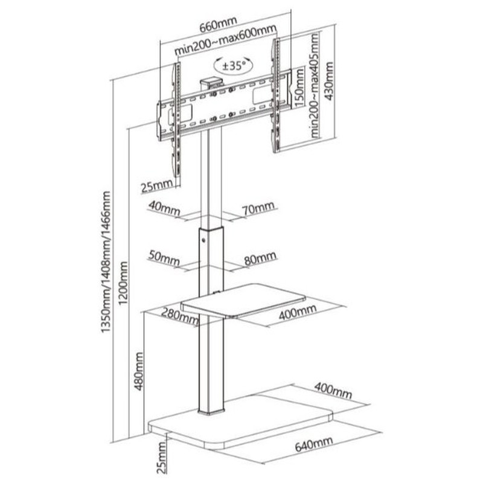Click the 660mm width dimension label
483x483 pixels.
tap(218, 25)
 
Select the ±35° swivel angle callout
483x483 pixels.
tap(234, 66)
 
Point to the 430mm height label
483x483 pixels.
tap(328, 82)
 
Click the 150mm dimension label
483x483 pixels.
tap(299, 88)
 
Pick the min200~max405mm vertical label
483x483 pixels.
tap(315, 85)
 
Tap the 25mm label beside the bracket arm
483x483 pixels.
tap(156, 186)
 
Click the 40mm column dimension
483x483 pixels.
tap(164, 208)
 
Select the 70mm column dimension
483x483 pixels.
tap(258, 208)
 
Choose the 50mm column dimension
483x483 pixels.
tap(164, 258)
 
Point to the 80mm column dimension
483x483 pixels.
tap(260, 258)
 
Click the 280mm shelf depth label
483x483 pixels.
tap(180, 316)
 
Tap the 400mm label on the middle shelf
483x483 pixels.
tap(298, 312)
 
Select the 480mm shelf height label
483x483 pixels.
tap(139, 371)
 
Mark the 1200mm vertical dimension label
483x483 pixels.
tap(123, 283)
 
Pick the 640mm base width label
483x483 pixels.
tap(314, 444)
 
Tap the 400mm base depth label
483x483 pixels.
tap(333, 391)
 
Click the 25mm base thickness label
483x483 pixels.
tap(161, 457)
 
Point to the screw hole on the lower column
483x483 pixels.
tap(203, 240)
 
